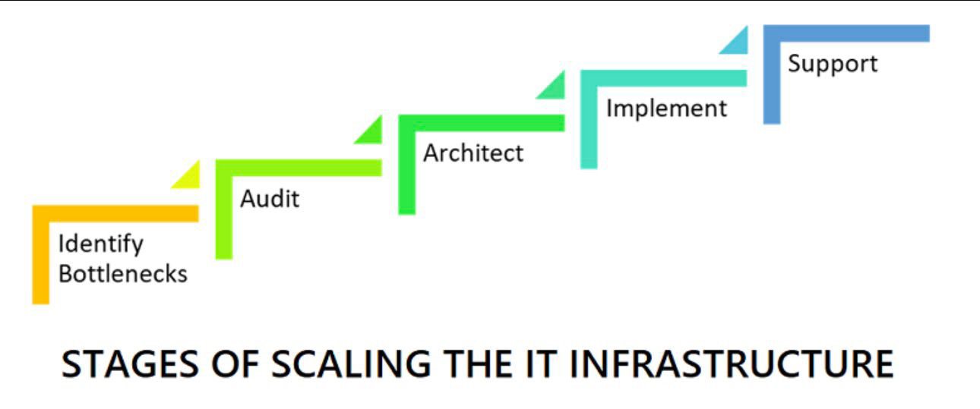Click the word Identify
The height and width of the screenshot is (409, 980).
pos(100,244)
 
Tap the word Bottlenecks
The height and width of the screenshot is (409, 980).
pos(123,274)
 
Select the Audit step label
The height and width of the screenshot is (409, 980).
pos(270,198)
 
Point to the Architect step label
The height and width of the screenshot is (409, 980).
pos(473,153)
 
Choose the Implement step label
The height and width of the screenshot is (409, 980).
pos(666,109)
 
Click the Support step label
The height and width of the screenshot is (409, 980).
pos(833,64)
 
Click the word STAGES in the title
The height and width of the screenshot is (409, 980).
pos(131,363)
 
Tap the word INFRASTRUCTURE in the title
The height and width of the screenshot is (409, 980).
pos(732,363)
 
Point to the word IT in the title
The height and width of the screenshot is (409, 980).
pos(541,363)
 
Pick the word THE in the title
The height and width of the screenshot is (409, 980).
pos(478,363)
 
